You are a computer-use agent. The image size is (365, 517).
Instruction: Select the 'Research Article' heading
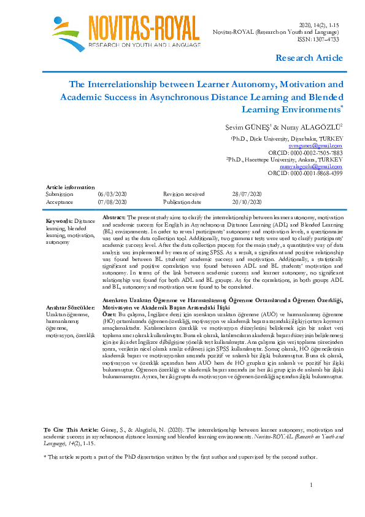[309, 58]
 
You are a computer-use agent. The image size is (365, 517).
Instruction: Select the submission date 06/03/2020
[112, 193]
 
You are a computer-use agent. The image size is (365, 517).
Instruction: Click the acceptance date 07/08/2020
[112, 201]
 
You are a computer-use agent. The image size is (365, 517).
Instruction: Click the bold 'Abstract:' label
[113, 218]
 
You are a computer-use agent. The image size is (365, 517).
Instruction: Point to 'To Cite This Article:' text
[71, 430]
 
